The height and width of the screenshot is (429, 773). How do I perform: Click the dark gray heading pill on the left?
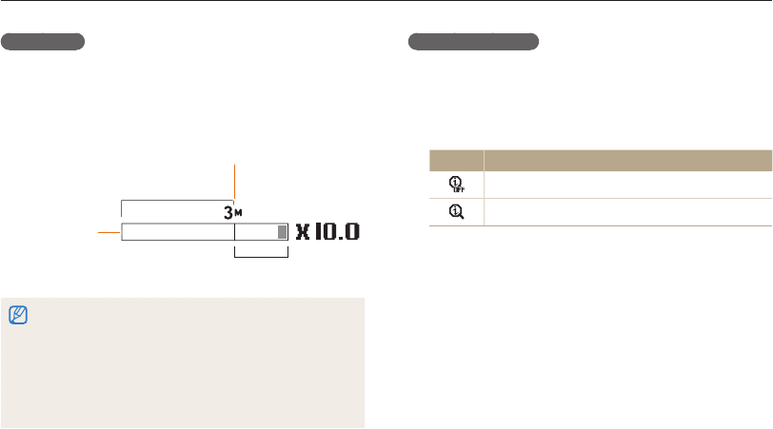(x=43, y=42)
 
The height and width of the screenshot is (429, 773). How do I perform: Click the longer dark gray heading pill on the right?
(x=473, y=42)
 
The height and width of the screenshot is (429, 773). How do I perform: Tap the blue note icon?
(x=18, y=315)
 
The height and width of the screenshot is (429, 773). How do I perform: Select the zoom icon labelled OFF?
(x=457, y=185)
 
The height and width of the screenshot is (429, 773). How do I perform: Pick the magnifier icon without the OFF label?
(x=457, y=212)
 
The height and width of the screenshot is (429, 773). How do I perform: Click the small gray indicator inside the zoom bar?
(x=282, y=232)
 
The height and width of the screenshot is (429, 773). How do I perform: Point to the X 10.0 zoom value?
(x=327, y=231)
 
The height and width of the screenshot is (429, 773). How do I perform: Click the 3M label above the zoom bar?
(x=232, y=213)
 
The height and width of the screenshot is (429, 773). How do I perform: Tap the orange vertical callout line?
(x=234, y=182)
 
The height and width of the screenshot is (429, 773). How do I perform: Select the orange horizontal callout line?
(x=109, y=232)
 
